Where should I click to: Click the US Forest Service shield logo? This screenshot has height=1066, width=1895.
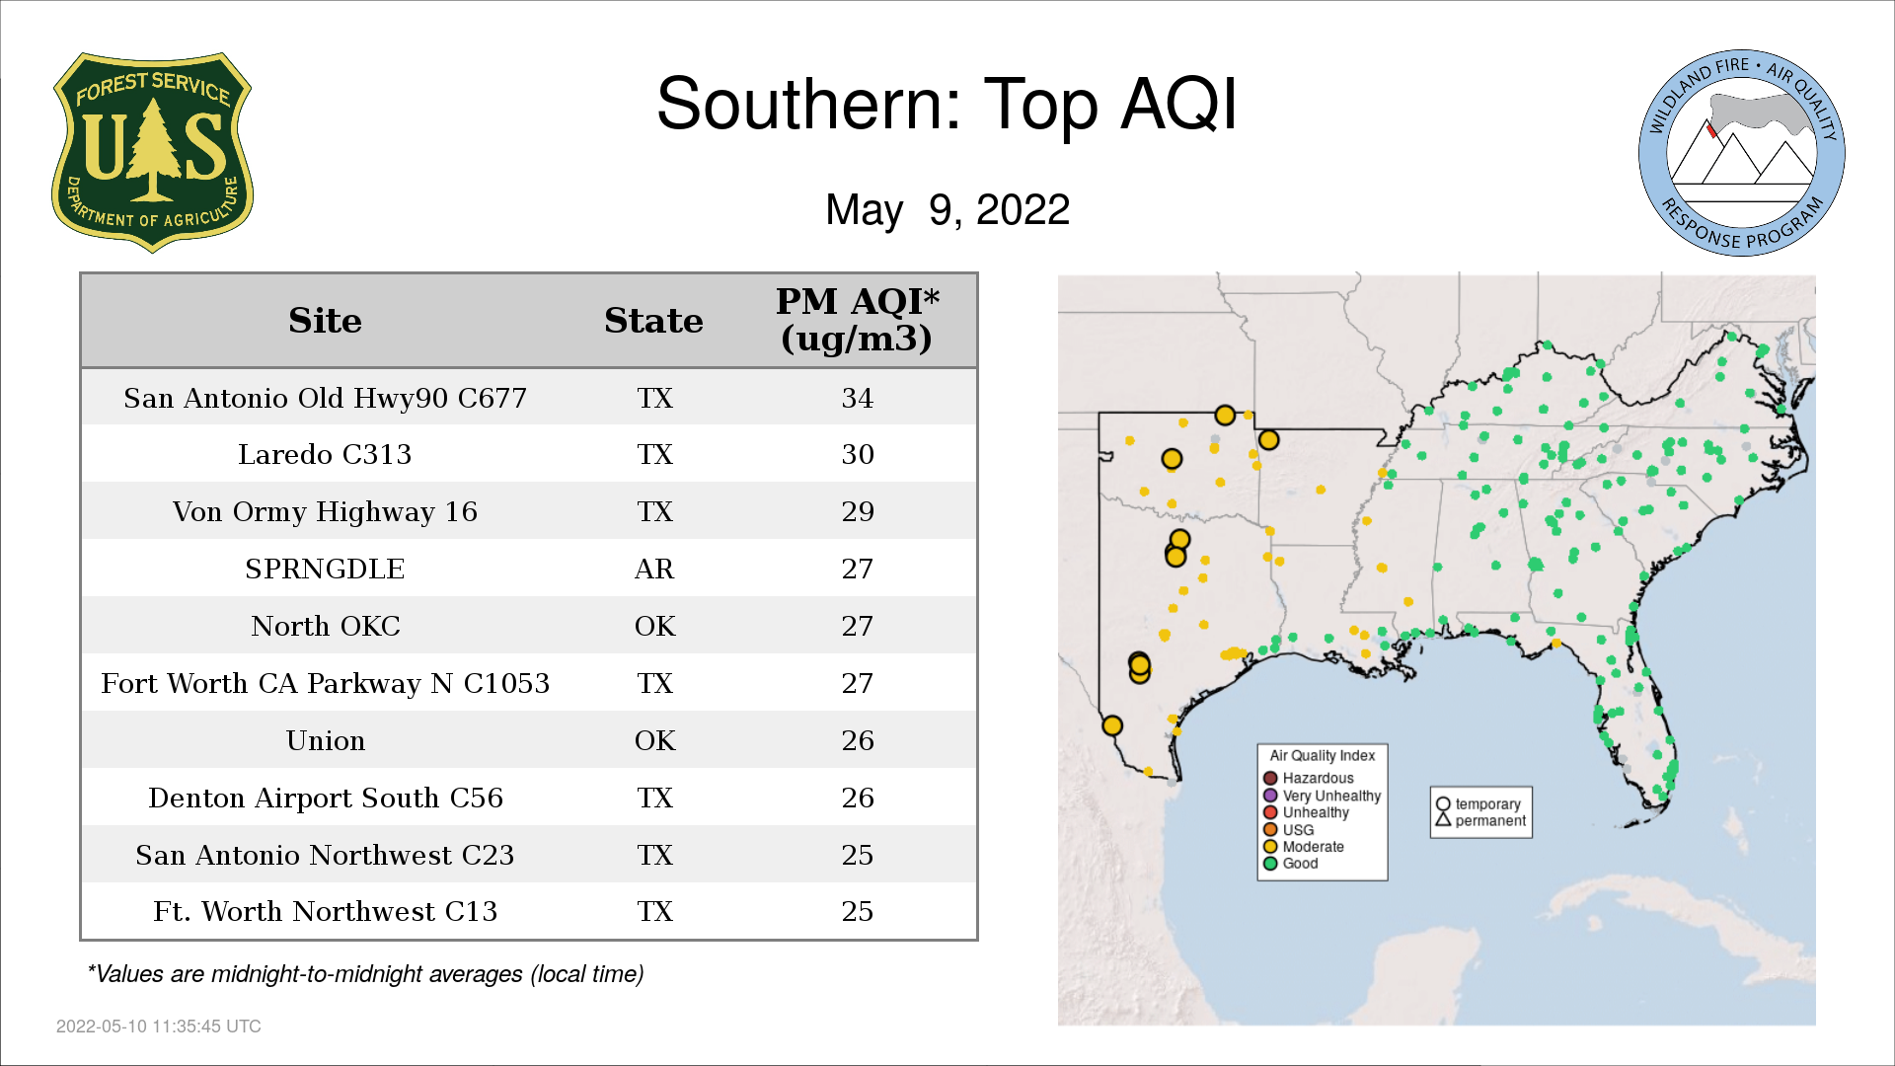tap(152, 153)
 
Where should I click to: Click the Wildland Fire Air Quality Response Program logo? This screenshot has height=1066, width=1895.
tap(1741, 153)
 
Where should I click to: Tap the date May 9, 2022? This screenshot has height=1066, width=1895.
tap(947, 210)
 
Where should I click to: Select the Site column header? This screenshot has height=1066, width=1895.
tap(325, 321)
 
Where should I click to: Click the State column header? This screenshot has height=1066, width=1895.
tap(653, 321)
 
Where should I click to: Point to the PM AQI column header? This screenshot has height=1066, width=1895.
tap(857, 320)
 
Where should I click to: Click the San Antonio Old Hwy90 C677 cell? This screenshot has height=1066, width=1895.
tap(325, 398)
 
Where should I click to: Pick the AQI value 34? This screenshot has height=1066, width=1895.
tap(857, 398)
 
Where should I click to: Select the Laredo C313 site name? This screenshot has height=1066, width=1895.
tap(325, 455)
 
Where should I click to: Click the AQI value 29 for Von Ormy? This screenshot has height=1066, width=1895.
tap(857, 511)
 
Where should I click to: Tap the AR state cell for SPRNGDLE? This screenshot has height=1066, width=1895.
tap(654, 570)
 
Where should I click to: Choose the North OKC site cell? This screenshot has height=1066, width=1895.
tap(325, 626)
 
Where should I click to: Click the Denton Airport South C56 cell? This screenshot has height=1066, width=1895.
tap(325, 798)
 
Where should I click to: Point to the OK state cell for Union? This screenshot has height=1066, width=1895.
tap(654, 741)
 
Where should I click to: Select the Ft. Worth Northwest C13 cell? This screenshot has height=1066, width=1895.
tap(325, 911)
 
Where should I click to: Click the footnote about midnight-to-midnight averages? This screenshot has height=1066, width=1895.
tap(365, 974)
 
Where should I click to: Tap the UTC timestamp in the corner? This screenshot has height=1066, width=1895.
tap(159, 1027)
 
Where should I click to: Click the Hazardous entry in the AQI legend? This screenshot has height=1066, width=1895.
tap(1309, 779)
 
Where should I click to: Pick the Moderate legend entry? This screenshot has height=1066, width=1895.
tap(1304, 847)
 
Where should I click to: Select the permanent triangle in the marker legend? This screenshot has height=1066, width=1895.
tap(1443, 820)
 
